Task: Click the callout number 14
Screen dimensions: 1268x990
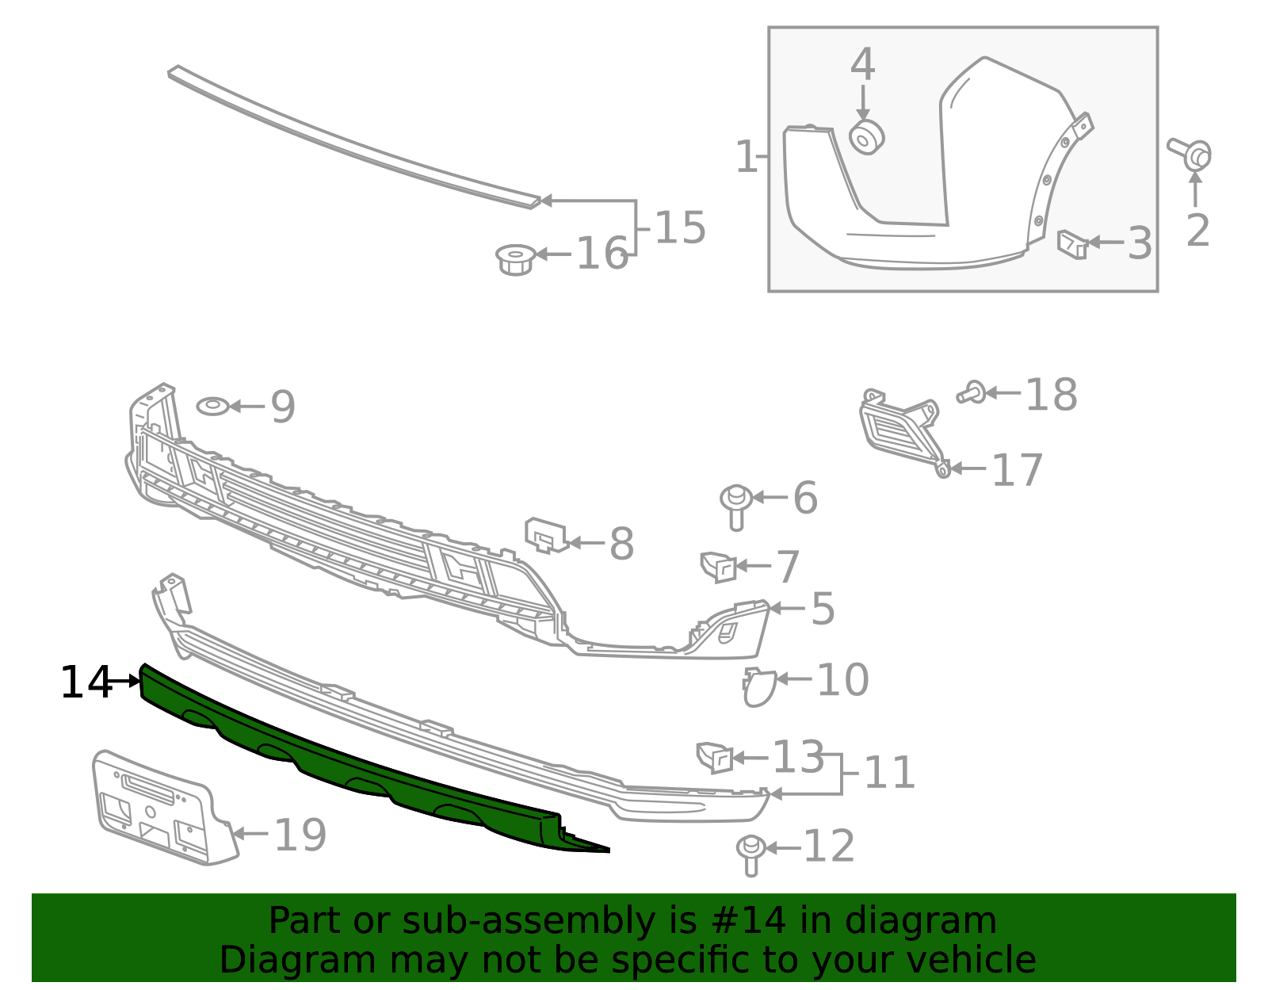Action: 86,682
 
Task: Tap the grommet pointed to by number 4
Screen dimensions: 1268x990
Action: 866,138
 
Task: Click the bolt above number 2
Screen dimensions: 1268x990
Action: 1191,155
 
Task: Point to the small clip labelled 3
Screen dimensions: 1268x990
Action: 1072,244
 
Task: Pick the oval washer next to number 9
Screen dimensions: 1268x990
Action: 213,407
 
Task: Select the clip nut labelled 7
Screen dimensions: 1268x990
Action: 718,567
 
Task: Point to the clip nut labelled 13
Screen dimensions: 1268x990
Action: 715,758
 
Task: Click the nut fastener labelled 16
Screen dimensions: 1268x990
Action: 516,260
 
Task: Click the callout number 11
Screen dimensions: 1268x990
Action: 889,773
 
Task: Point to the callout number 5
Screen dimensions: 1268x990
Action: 823,609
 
